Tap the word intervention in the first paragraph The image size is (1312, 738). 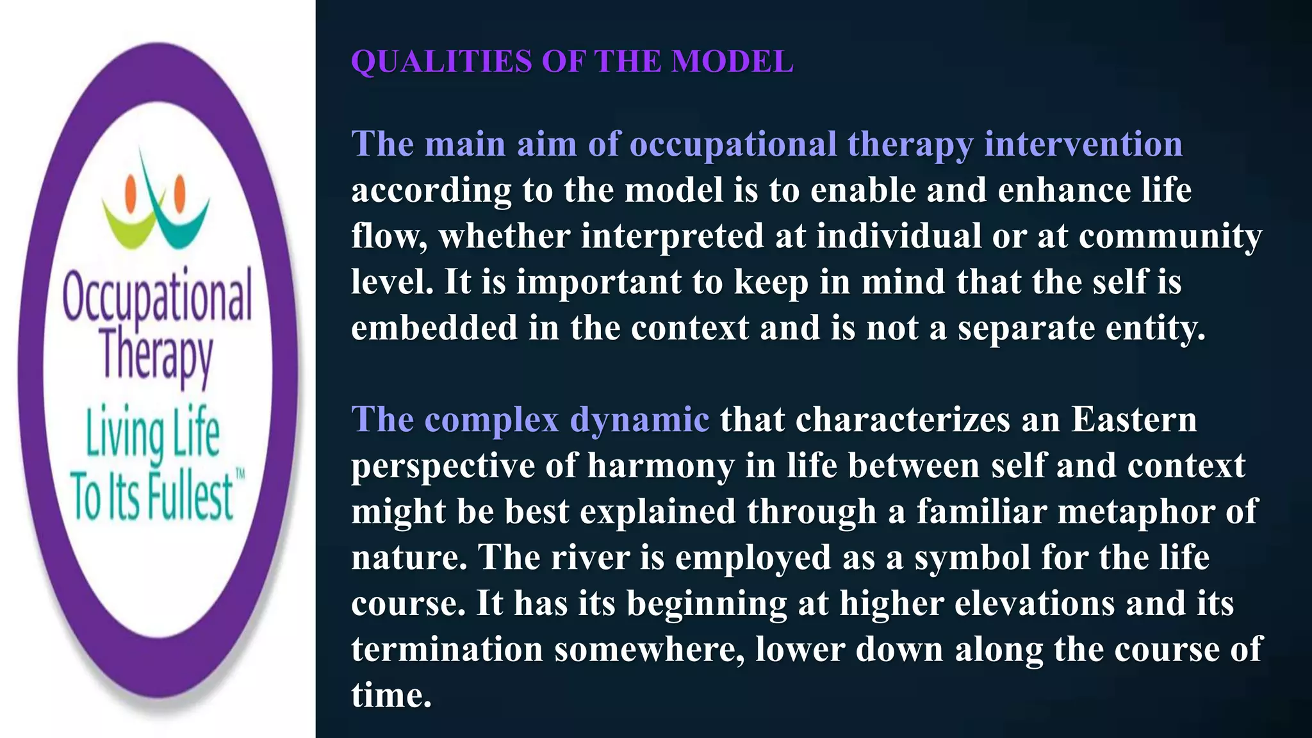[x=1083, y=144]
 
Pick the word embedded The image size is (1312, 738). [x=434, y=328]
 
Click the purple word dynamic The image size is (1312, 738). [x=639, y=420]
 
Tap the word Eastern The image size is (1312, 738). [x=1134, y=420]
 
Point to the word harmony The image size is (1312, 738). [x=660, y=466]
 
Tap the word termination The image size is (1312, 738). [x=447, y=650]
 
